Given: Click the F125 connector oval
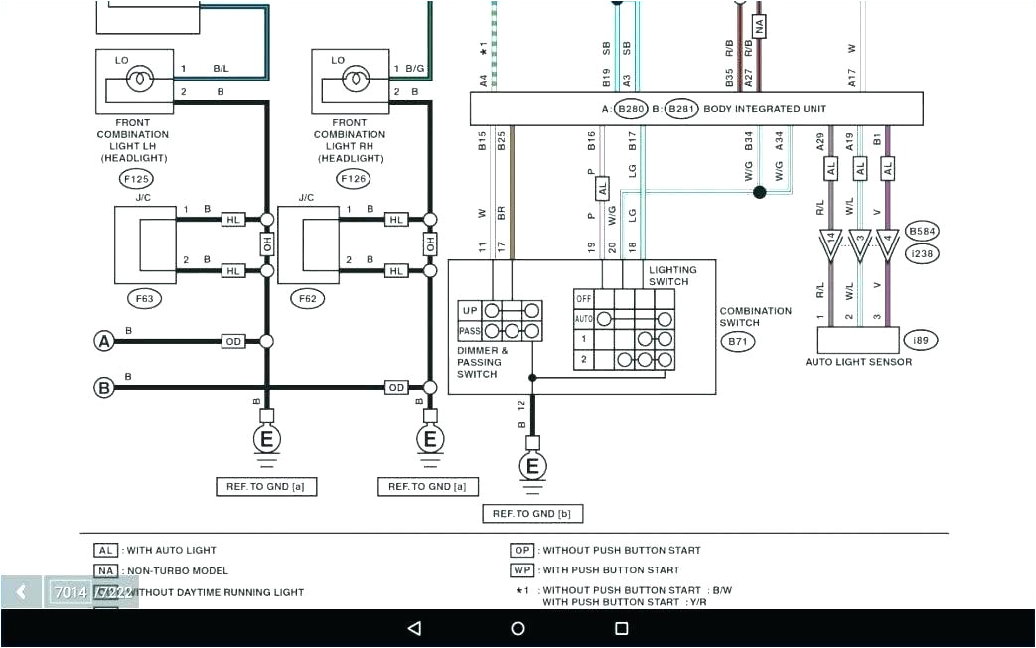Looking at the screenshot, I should coord(136,179).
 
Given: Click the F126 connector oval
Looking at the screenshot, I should coord(353,179).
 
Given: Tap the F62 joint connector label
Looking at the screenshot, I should coord(304,297).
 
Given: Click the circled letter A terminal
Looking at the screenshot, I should coord(103,341).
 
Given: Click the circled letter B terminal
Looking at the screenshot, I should coord(103,388).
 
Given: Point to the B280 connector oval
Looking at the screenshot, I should coord(631,109).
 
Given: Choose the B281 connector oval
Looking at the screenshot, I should coord(680,109).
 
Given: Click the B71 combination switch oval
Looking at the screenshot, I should coord(738,341).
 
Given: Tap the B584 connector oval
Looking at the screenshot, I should coord(922,232).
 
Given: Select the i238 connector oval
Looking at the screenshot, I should coord(922,254).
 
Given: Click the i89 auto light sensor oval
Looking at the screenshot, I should coord(921,341).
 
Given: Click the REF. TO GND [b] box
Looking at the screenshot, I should coord(532,513).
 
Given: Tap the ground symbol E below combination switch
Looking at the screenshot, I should coord(532,466).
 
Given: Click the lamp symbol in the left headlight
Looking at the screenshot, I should coord(139,77).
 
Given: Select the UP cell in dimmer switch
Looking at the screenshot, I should coord(470,311).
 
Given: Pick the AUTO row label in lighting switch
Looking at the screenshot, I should coord(584,319).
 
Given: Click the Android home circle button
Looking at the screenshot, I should coord(518,628).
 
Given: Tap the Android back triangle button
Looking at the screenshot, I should coord(414,628).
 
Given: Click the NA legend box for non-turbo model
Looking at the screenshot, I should coord(106,570).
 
